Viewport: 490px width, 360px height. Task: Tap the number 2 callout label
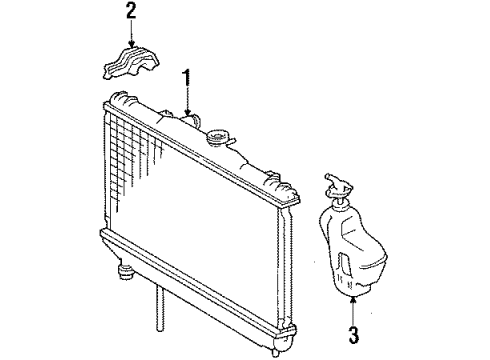(x=130, y=13)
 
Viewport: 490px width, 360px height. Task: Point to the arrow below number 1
(x=185, y=103)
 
